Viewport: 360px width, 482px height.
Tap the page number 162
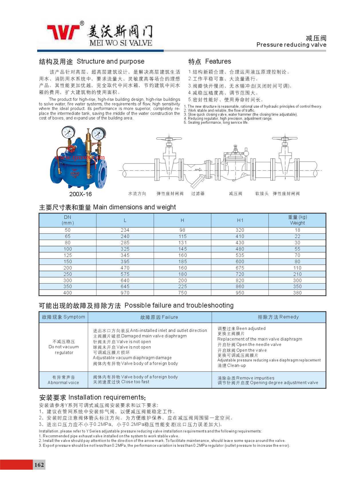[39, 464]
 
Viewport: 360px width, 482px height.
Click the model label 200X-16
[80, 194]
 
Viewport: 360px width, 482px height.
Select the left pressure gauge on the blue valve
[68, 132]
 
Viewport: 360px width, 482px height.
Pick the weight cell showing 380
[297, 293]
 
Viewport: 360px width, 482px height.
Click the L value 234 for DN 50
[125, 230]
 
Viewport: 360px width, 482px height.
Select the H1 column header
[240, 220]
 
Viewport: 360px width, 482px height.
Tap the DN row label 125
[68, 255]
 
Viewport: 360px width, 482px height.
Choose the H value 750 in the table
[182, 293]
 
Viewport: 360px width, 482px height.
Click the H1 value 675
[240, 268]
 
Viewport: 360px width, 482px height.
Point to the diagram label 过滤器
[198, 194]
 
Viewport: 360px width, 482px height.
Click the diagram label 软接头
[262, 194]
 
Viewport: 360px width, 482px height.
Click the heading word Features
[218, 61]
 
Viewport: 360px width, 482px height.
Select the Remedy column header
[278, 317]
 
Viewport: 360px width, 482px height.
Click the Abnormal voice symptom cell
[64, 380]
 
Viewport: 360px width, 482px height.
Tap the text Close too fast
[135, 382]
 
